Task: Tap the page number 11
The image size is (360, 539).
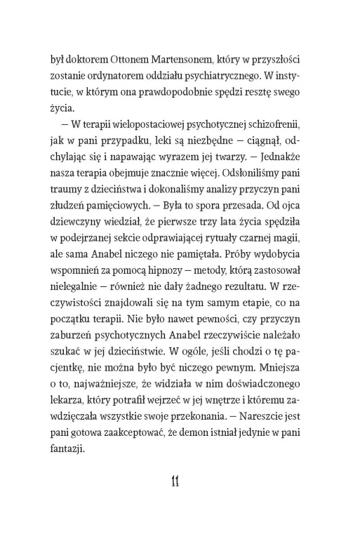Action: [177, 500]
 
